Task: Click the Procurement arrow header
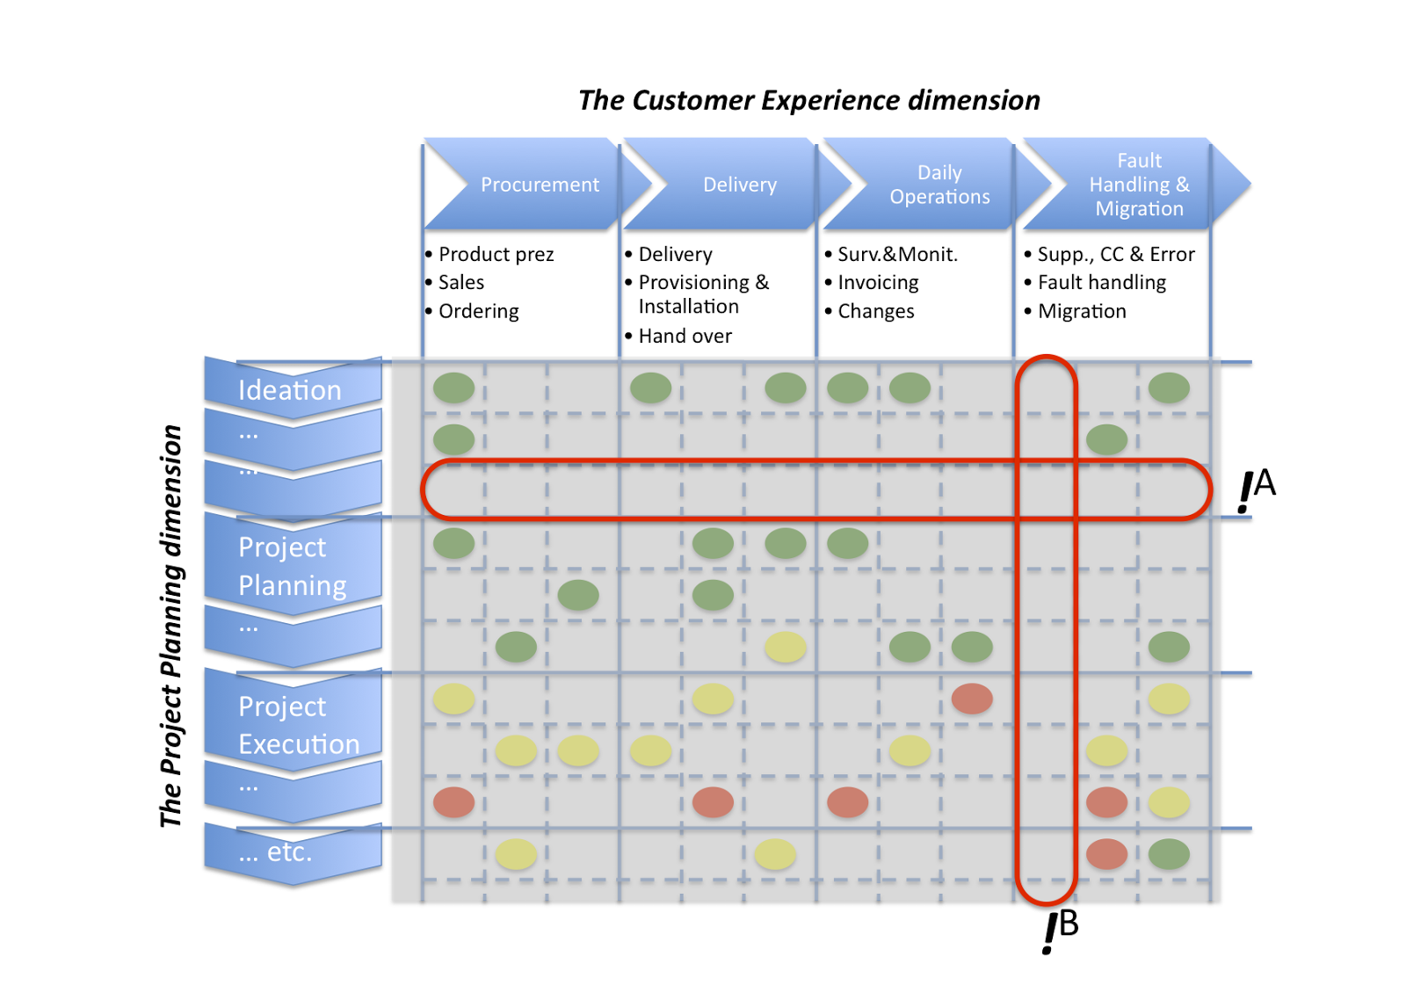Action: pos(539,185)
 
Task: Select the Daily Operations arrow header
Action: pos(939,185)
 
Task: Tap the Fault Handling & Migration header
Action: pos(1139,185)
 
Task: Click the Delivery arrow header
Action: pos(739,185)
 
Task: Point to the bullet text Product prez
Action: pos(496,254)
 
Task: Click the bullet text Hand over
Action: pos(685,336)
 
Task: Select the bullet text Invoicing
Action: pos(878,282)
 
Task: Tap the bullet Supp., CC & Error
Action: pos(1115,254)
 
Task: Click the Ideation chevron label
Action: pos(289,390)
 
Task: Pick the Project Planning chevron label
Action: pos(292,566)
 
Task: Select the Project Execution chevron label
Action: pos(298,725)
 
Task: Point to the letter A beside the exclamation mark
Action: pos(1265,482)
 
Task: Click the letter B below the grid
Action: pos(1069,924)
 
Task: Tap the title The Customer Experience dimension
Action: pos(808,100)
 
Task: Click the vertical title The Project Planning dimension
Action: pos(171,626)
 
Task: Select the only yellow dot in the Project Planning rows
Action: pos(785,648)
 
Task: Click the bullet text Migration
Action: pos(1082,311)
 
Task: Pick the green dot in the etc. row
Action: pos(1169,854)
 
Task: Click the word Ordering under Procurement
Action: pos(478,311)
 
